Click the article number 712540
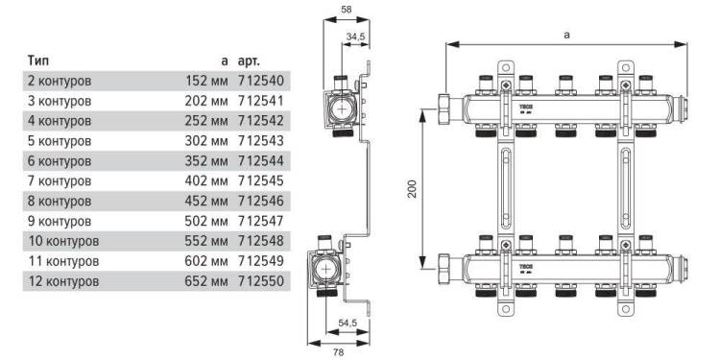coord(261,81)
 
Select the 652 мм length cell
coord(206,281)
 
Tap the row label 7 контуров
coord(60,180)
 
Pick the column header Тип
coord(37,60)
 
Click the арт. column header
coord(250,61)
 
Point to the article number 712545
coord(261,180)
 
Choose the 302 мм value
coord(206,140)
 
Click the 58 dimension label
coord(347,10)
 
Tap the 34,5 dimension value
coord(355,36)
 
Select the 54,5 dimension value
coord(348,323)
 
